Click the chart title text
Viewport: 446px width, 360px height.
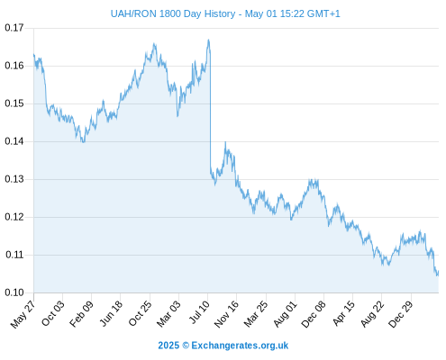[225, 13]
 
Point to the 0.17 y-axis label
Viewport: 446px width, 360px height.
[14, 28]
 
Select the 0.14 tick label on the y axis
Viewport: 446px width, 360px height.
[14, 141]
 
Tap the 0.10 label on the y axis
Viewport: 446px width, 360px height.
[14, 292]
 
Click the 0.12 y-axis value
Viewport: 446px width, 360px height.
[14, 217]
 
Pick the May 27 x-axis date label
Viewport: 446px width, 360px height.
[23, 314]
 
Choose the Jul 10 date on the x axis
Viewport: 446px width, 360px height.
[199, 312]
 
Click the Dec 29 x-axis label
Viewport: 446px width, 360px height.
[401, 314]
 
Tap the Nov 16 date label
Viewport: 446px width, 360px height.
[226, 314]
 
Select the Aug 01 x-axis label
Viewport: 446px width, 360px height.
[286, 314]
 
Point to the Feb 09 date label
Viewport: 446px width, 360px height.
[81, 314]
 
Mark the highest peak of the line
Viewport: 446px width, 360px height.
[208, 40]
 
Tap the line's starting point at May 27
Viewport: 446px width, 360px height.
[34, 54]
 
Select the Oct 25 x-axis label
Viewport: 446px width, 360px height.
[141, 314]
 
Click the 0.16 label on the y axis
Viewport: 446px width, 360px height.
[14, 66]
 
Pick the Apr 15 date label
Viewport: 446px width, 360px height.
[344, 314]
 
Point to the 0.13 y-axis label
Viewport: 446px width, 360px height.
[14, 179]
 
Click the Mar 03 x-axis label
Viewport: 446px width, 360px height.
[168, 314]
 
